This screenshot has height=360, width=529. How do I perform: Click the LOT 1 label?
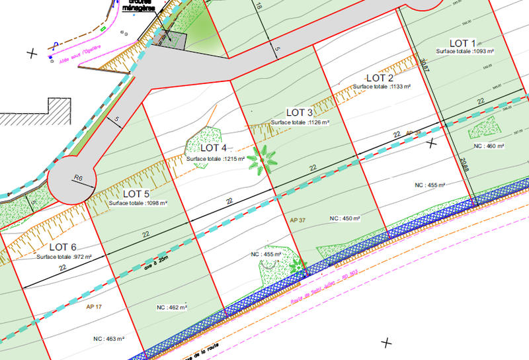click(x=466, y=43)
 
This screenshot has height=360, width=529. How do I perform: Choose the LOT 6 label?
click(x=63, y=247)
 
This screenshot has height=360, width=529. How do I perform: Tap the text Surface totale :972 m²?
click(x=64, y=257)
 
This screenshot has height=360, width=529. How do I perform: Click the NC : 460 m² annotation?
click(x=488, y=146)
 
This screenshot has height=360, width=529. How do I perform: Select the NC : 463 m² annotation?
click(x=109, y=339)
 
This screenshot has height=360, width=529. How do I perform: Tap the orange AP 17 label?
click(x=95, y=307)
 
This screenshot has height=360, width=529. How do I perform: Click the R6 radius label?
click(x=78, y=178)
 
